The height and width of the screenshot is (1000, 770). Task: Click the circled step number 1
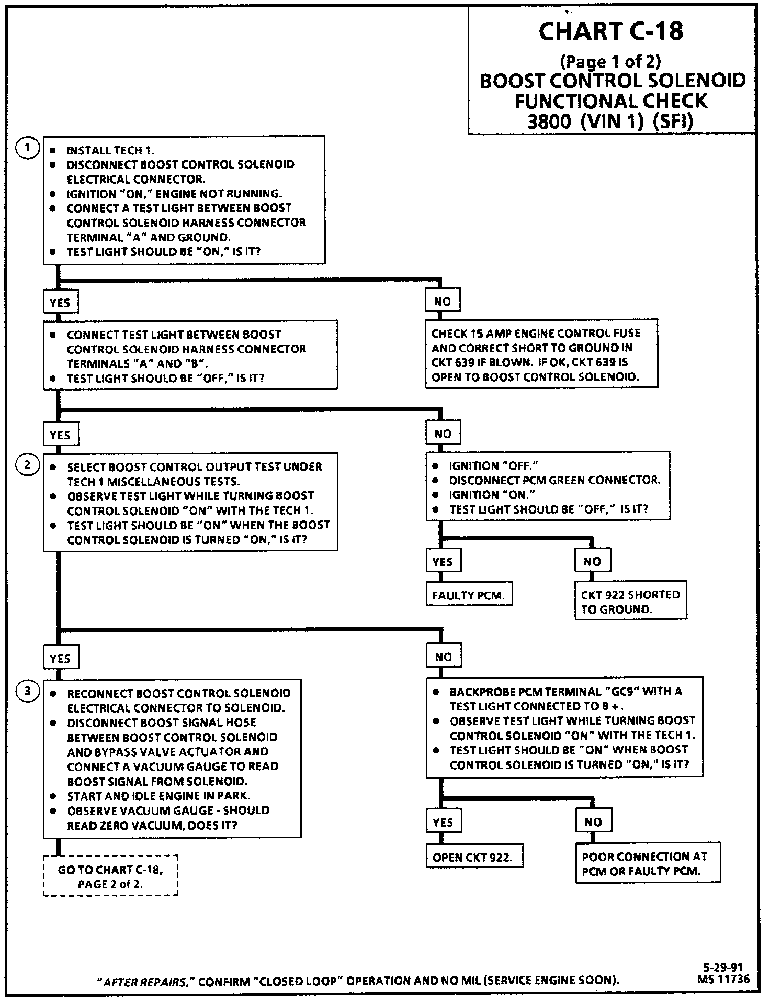27,148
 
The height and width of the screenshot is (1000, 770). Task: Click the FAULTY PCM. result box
469,595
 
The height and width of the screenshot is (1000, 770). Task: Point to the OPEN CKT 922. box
474,858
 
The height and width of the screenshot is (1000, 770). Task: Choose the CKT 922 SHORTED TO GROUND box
630,602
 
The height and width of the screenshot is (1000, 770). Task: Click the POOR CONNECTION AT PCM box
647,864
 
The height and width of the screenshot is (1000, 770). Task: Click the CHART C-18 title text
610,32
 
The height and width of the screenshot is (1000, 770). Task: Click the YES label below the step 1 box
60,303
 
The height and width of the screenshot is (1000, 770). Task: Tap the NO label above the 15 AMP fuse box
443,302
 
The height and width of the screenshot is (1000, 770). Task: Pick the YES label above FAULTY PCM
443,562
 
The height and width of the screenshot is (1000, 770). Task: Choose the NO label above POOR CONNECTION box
593,822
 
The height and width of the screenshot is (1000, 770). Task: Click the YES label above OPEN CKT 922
443,822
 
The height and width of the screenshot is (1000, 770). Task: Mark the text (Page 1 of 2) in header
610,62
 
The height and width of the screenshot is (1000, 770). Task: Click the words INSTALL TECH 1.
110,151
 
